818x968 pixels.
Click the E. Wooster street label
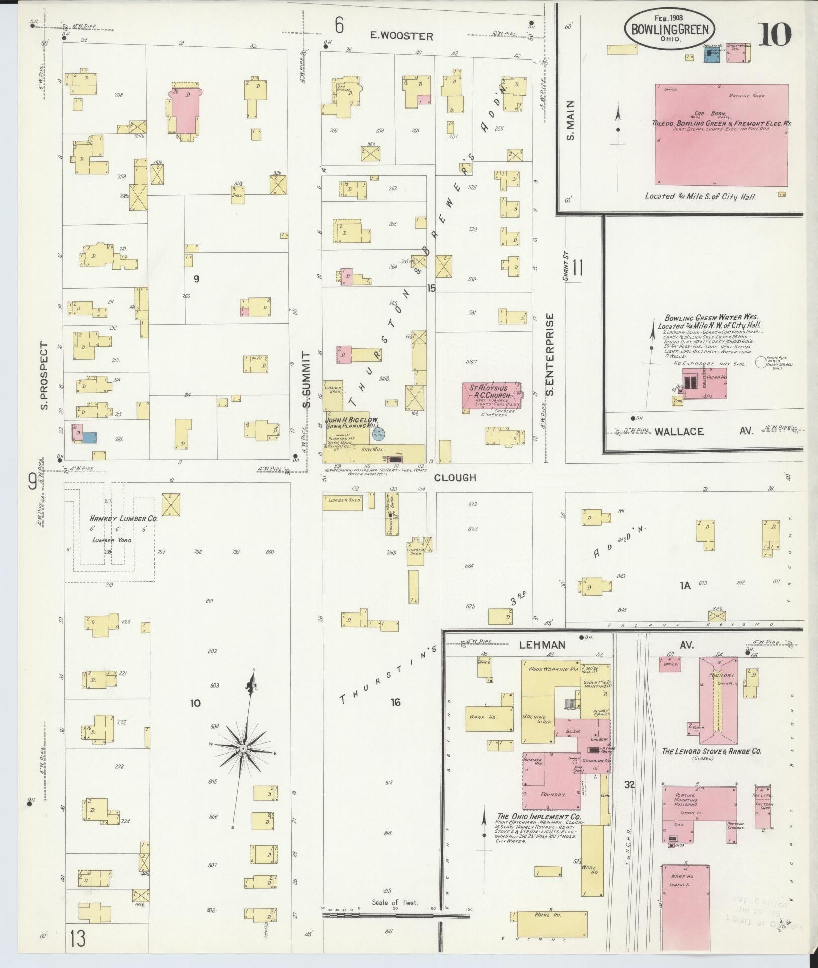401,36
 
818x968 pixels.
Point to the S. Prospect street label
44,375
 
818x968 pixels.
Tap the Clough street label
455,477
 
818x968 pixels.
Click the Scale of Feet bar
382,916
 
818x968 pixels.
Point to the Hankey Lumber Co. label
124,519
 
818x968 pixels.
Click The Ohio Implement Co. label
539,817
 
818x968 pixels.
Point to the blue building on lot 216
90,437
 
